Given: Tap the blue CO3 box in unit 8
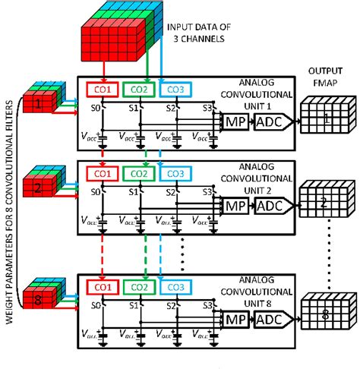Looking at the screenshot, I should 172,286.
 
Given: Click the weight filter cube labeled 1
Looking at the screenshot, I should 38,100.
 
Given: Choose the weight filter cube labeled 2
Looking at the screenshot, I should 38,185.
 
